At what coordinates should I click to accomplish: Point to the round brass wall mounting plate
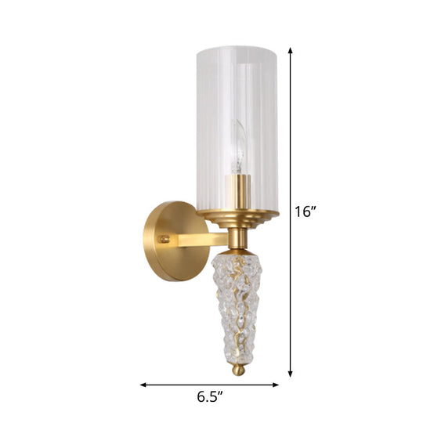click(167, 240)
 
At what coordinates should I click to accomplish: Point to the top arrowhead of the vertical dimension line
click(291, 51)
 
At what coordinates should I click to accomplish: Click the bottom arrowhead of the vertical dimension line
click(291, 374)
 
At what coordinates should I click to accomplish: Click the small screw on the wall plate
click(164, 239)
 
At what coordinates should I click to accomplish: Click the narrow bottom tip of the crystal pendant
click(239, 353)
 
